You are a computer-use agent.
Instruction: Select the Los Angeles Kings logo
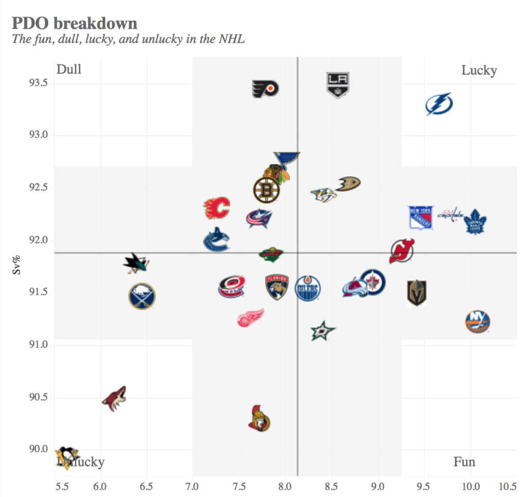[x=338, y=85]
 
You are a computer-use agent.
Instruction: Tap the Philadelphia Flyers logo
[x=265, y=89]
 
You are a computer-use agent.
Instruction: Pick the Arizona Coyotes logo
[x=114, y=399]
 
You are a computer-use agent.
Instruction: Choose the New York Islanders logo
[x=477, y=322]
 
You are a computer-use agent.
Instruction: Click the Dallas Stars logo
[x=323, y=331]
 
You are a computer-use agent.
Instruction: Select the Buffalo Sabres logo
[x=142, y=296]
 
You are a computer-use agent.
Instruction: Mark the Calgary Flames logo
[x=217, y=208]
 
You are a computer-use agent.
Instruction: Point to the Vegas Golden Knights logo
[x=417, y=293]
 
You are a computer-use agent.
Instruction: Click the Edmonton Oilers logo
[x=308, y=288]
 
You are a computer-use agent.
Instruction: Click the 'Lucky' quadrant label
[x=479, y=70]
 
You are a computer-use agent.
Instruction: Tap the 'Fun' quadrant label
[x=464, y=462]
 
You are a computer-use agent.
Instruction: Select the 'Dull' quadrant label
[x=69, y=69]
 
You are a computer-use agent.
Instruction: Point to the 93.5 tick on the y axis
[x=37, y=83]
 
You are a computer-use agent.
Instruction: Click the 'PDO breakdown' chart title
[x=74, y=24]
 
